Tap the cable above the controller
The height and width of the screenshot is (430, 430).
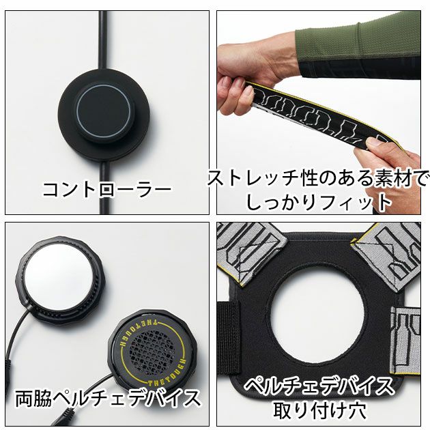[x=102, y=41]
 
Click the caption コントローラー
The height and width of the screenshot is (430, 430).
[x=106, y=188]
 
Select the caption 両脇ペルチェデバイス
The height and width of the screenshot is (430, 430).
[x=107, y=399]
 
